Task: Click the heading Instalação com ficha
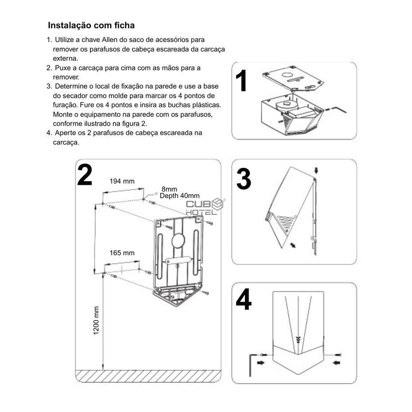[91, 25]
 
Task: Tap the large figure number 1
[241, 81]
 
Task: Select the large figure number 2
[85, 175]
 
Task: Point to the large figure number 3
[244, 179]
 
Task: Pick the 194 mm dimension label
[122, 181]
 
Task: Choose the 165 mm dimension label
[122, 253]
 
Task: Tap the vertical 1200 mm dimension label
[96, 320]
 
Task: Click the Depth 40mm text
[179, 196]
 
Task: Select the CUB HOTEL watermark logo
[205, 206]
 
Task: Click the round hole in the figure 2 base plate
[177, 241]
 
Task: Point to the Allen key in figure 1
[339, 108]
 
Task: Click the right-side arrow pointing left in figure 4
[336, 363]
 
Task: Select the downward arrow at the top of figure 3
[316, 171]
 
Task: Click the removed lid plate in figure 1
[293, 79]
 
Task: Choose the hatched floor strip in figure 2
[148, 376]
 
